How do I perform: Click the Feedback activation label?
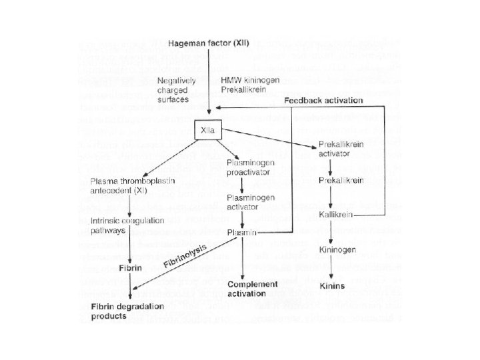pos(324,101)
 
